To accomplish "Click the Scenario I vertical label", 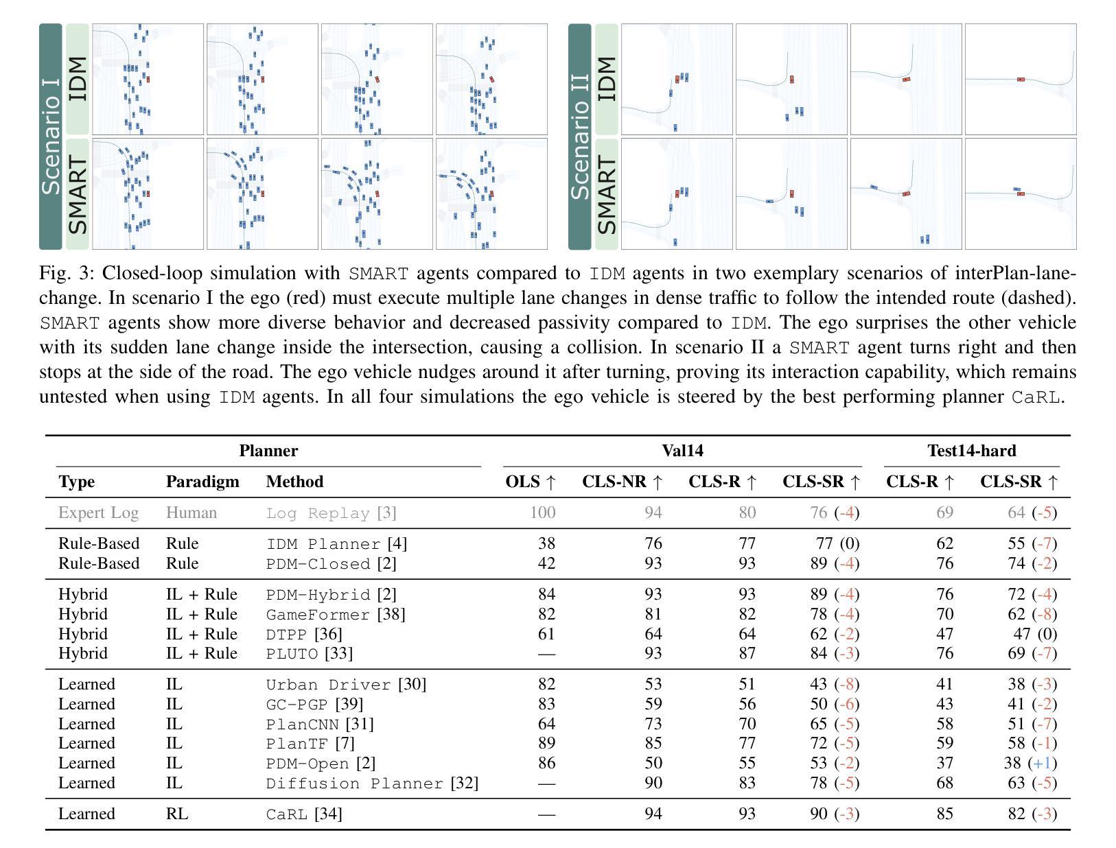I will tap(51, 137).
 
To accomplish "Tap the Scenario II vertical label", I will tap(580, 137).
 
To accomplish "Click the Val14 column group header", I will tap(682, 451).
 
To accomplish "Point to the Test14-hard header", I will tap(971, 451).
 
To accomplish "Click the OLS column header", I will tap(531, 482).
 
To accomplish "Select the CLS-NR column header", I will tap(623, 482).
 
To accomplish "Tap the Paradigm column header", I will tap(202, 482).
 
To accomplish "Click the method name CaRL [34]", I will tap(304, 814).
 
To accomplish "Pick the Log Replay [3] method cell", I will tap(331, 513).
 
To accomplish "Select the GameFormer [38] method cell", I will tap(336, 614).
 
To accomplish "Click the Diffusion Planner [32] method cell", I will tap(372, 783).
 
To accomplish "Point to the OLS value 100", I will tap(542, 513).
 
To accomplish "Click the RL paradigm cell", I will tap(176, 814).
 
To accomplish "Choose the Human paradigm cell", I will tap(191, 513).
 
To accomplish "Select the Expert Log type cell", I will tap(98, 513).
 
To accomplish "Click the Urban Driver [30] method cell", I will tap(346, 685).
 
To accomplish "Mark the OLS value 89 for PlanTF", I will tap(546, 743).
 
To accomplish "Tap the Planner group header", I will tap(268, 451).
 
